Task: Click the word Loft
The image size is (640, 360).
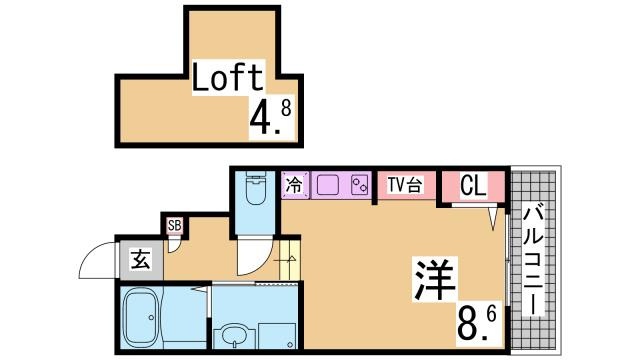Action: coord(228,77)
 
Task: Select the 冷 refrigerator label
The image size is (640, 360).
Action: coord(295,184)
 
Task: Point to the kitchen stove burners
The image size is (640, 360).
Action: coord(357,185)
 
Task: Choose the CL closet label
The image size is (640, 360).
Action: coord(473,185)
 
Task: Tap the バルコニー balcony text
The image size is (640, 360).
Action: coord(531,258)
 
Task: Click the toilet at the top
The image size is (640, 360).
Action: coord(255,187)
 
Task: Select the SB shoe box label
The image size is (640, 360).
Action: coord(175,226)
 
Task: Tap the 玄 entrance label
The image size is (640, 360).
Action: coord(140,262)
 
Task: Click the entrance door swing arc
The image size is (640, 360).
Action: coord(97,262)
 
